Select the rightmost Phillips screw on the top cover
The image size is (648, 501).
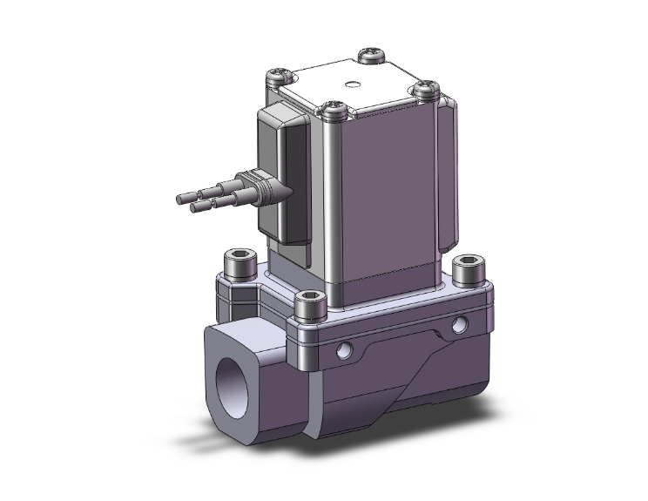[426, 87]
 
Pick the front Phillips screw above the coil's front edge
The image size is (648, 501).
[332, 110]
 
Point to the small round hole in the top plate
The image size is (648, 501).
[351, 85]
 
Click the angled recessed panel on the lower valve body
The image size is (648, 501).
[409, 366]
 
